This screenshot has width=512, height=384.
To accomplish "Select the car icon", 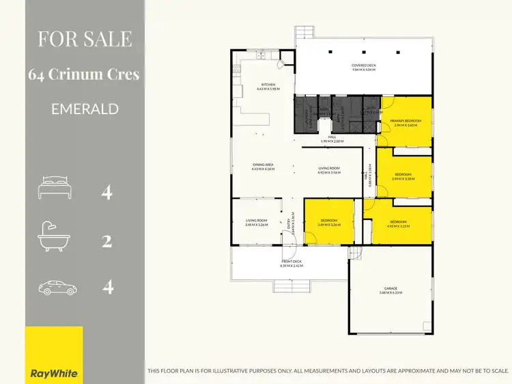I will tap(57, 287).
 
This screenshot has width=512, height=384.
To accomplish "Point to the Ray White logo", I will tap(54, 373).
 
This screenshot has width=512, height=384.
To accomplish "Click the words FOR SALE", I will tap(85, 38).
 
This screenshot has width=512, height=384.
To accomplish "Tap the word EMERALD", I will tap(85, 109).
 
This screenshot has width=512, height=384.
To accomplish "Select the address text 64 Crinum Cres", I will tap(85, 74).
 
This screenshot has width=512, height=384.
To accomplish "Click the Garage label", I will tap(391, 292).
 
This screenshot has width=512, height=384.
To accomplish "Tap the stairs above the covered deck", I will tap(304, 33).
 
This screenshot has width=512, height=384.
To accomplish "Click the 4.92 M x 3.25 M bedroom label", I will tap(398, 223).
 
